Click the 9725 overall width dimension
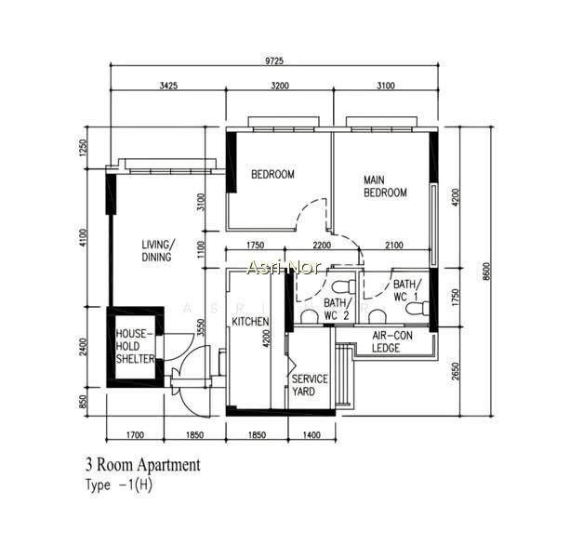[273, 60]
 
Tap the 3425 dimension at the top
[168, 86]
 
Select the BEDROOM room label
[272, 175]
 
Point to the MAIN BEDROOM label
[385, 186]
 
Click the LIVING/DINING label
[157, 250]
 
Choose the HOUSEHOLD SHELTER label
[135, 346]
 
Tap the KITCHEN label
[250, 322]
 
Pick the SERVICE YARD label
[310, 385]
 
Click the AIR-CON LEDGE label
[392, 341]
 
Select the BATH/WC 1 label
[407, 290]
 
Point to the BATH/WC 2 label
[338, 309]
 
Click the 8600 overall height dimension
[486, 272]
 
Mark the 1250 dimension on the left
[84, 148]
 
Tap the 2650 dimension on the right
[455, 371]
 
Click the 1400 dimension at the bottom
[312, 434]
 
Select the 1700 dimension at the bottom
[135, 434]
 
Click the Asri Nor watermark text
[284, 267]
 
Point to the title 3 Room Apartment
[143, 465]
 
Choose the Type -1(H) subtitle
[119, 485]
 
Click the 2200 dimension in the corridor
[322, 246]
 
